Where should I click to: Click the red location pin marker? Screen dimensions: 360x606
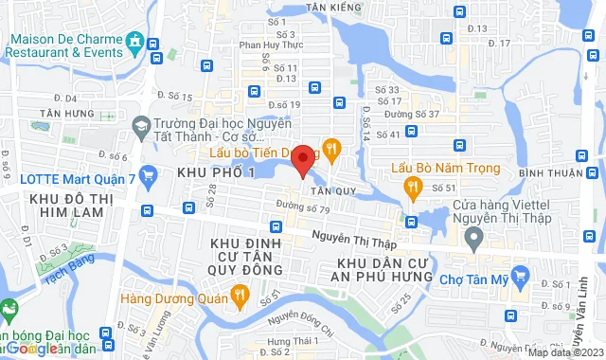pyautogui.click(x=302, y=160)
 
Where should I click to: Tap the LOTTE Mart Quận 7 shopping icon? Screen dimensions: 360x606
pyautogui.click(x=148, y=174)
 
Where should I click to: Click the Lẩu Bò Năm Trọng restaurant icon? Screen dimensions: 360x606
pyautogui.click(x=412, y=189)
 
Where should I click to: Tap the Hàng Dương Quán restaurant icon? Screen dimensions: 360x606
pyautogui.click(x=240, y=296)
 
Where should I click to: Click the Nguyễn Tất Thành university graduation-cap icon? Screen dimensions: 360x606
pyautogui.click(x=140, y=125)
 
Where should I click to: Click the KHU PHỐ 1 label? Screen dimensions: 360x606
pyautogui.click(x=216, y=172)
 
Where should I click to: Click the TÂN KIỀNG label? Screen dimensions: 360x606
pyautogui.click(x=330, y=7)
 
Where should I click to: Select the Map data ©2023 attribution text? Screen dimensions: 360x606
pyautogui.click(x=565, y=352)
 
